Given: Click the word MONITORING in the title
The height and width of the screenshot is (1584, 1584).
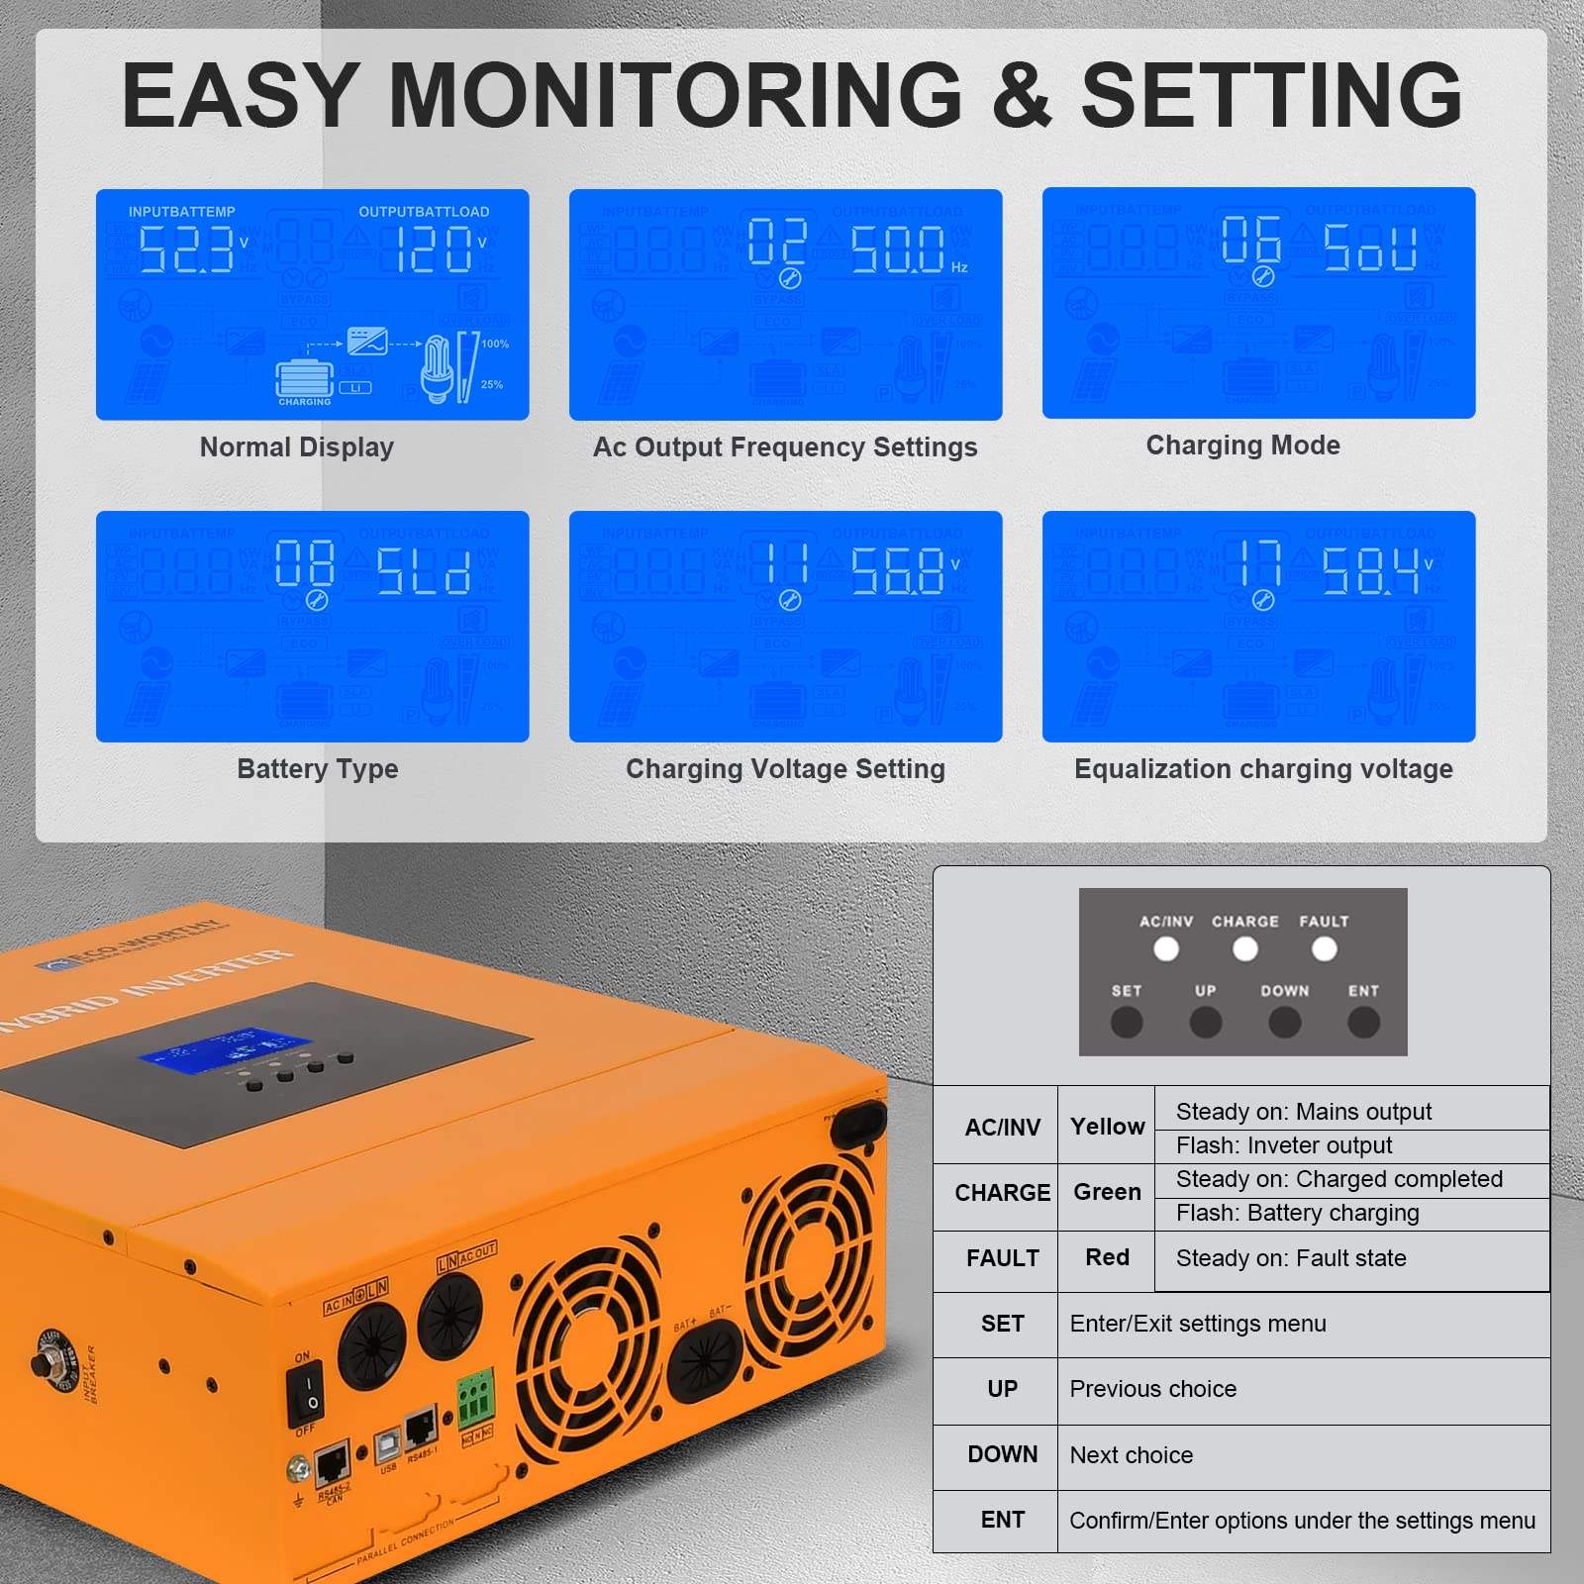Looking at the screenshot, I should click(675, 96).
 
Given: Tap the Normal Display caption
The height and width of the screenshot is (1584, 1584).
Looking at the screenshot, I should click(297, 447).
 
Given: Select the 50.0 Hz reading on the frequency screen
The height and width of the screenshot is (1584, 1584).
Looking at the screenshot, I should click(899, 248).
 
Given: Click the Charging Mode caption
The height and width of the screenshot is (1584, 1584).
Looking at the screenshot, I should click(1242, 445).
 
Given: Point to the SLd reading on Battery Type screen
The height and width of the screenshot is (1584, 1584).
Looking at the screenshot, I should click(424, 571).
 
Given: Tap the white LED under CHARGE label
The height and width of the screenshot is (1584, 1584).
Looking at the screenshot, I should click(1244, 949).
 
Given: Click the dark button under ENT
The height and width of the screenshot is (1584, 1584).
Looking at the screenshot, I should click(1363, 1022).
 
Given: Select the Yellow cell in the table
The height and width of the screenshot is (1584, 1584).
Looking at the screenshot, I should click(1107, 1127).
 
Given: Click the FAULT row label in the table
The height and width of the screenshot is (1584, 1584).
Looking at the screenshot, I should click(1002, 1258).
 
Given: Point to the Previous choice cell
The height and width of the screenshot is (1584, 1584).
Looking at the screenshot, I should click(1152, 1389).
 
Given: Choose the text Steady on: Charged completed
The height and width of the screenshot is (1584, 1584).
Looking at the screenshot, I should click(1338, 1179).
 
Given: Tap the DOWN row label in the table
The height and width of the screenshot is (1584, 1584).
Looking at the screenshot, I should click(1002, 1454).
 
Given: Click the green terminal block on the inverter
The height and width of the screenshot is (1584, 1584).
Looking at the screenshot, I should click(474, 1398).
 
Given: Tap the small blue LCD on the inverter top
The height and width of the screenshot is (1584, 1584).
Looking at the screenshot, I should click(226, 1049).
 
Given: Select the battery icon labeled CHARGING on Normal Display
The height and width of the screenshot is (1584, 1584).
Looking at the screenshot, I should click(304, 379).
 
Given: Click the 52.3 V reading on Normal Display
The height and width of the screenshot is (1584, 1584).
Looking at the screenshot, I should click(186, 248).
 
